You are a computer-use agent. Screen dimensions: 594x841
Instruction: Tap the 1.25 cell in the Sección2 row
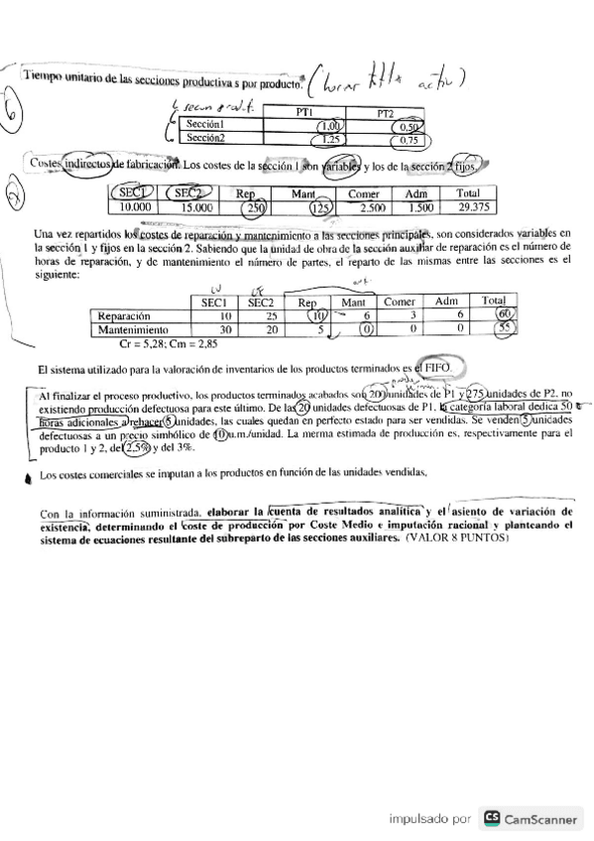coord(328,140)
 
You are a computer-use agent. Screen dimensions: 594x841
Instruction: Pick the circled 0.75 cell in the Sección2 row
coord(405,141)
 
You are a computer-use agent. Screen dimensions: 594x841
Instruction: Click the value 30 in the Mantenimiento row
coord(224,329)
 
